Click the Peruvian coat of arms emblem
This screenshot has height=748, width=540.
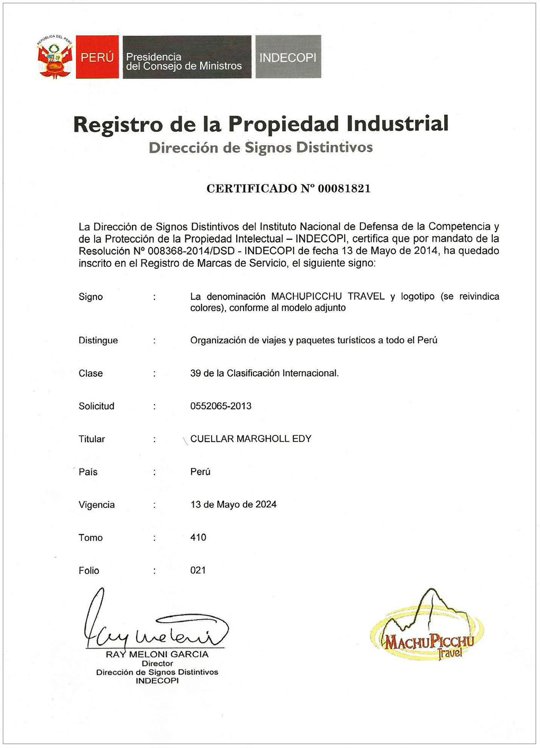(x=54, y=57)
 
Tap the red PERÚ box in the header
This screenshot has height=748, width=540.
(x=97, y=57)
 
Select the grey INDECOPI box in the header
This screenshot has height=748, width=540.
(x=288, y=57)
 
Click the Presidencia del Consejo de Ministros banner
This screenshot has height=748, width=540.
(x=186, y=57)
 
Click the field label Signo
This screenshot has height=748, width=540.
(x=91, y=297)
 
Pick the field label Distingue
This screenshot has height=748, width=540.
(x=98, y=340)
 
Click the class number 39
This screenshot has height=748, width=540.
(x=195, y=373)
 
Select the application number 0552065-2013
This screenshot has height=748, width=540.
(x=221, y=406)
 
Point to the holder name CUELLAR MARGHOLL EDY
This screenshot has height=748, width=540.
(x=250, y=439)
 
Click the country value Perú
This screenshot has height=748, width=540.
(x=200, y=471)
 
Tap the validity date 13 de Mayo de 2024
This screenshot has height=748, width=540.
(x=233, y=504)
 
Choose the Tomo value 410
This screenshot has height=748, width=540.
(x=198, y=537)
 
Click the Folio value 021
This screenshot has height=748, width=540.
(x=198, y=570)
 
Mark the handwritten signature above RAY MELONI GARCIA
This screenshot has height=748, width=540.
(x=154, y=624)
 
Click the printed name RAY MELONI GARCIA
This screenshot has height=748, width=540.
(x=157, y=654)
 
